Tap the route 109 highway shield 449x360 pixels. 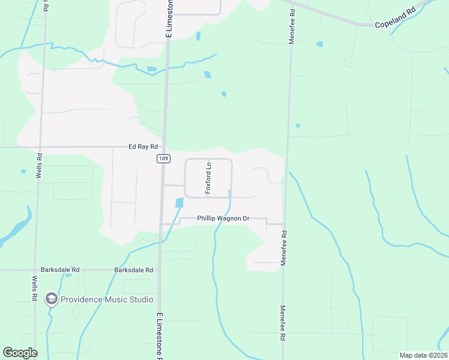click(163, 158)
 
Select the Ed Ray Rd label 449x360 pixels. click(143, 146)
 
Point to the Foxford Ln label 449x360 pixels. click(209, 178)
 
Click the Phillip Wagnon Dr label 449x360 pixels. click(223, 218)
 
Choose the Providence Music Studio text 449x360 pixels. click(107, 299)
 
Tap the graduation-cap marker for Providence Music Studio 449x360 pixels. click(52, 299)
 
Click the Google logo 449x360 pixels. click(20, 353)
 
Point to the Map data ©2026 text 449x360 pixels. click(423, 355)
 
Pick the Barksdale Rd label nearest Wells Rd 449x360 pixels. click(60, 270)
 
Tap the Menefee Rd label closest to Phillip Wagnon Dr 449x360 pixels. click(285, 248)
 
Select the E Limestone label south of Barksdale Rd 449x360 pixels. click(160, 335)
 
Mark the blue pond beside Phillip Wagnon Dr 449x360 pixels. click(179, 203)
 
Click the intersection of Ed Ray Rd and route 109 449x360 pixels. click(164, 147)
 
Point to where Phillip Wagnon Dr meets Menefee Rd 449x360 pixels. click(284, 224)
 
